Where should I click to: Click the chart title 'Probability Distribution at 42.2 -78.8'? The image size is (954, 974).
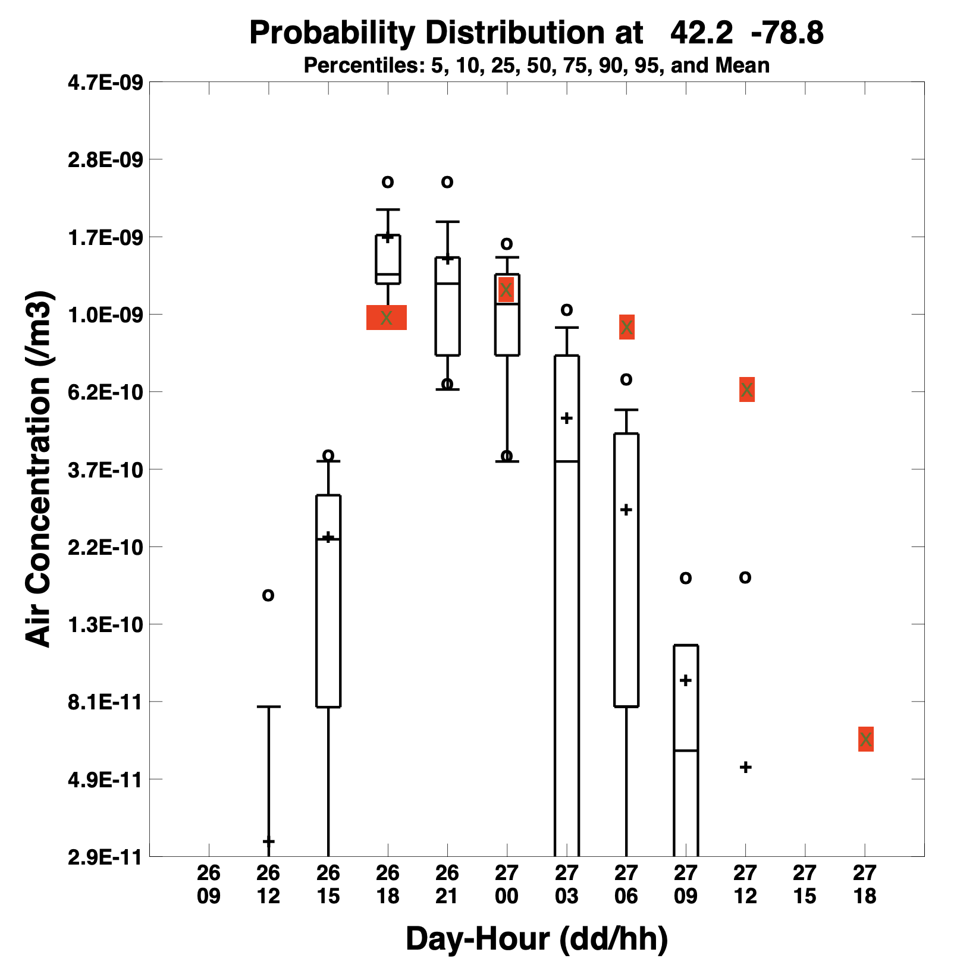(536, 33)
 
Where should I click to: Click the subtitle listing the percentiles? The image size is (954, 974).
(536, 65)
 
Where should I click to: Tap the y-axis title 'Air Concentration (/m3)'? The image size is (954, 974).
(39, 469)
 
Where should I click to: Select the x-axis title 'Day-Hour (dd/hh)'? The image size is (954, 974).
(536, 939)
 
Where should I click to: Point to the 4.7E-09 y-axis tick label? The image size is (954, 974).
(105, 82)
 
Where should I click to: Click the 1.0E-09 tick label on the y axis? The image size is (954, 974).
(105, 315)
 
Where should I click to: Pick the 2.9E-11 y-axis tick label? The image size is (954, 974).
(105, 857)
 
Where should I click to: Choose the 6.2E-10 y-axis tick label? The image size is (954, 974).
(105, 392)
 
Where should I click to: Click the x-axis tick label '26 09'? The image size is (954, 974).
(209, 884)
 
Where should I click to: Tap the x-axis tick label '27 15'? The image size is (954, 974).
(805, 884)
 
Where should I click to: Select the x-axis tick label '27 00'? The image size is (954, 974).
(507, 884)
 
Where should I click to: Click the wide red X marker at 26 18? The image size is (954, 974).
(387, 318)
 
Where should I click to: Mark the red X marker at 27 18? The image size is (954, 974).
(866, 739)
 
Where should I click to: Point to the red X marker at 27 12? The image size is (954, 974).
(747, 389)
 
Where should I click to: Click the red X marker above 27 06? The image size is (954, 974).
(627, 327)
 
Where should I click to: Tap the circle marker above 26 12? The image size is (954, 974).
(268, 595)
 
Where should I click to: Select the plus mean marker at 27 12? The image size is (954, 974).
(746, 767)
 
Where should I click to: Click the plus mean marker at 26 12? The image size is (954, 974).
(268, 841)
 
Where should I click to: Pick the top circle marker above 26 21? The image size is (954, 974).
(447, 181)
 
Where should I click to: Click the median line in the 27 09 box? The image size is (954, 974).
(686, 751)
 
